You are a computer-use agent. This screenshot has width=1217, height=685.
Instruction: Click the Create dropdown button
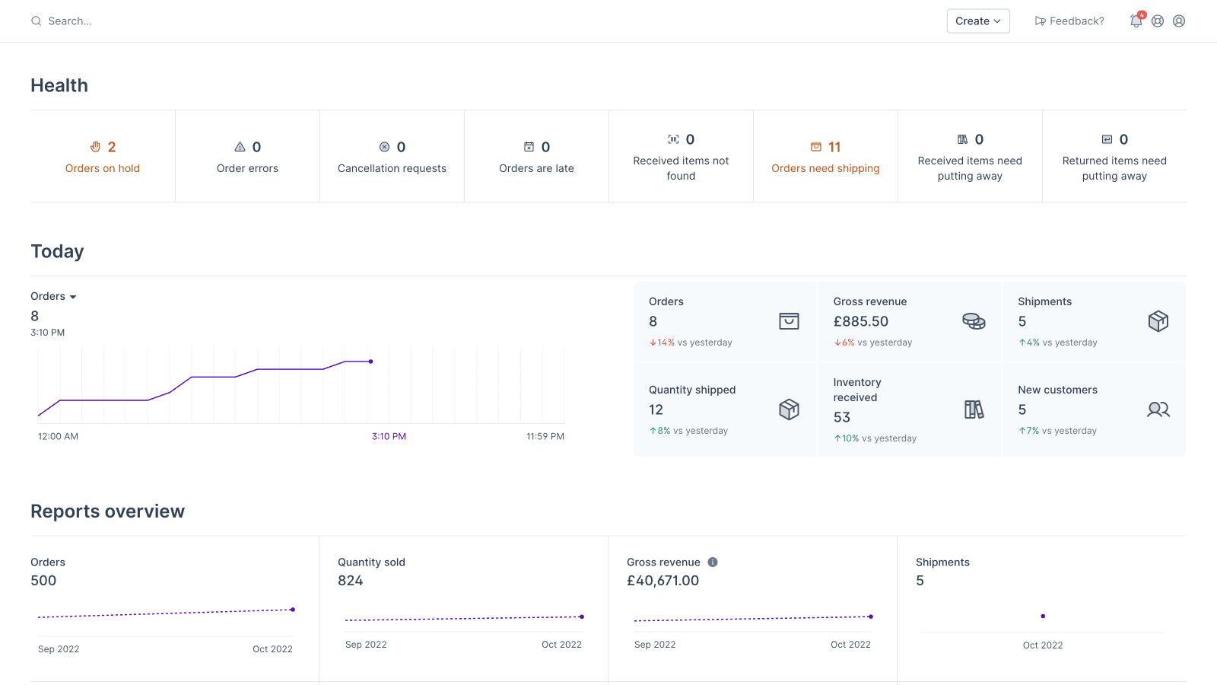coord(978,21)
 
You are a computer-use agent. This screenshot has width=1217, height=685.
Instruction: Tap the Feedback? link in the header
coord(1069,21)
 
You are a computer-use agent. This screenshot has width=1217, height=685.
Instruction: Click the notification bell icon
coord(1136,21)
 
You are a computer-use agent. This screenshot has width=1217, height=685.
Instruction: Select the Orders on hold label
coord(103,168)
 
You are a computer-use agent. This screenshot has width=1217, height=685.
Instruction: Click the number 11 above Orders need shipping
coord(834,147)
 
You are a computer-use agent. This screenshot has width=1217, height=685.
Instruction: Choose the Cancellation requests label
coord(392,168)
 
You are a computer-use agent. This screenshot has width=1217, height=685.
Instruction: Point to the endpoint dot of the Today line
coord(370,362)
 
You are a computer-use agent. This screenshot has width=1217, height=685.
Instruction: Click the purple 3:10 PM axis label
coord(389,436)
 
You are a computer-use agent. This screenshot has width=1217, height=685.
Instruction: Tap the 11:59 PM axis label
coord(545,436)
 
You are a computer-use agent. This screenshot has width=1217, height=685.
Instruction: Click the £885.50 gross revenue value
coord(860,321)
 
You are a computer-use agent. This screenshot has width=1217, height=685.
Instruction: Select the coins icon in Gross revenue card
coord(974,321)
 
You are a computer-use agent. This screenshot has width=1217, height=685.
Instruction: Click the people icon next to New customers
coord(1158,409)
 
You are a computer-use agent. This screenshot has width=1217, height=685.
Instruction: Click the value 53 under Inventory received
coord(841,417)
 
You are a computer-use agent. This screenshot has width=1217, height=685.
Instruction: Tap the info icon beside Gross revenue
coord(713,562)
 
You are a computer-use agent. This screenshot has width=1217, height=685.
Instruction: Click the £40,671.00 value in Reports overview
coord(663,581)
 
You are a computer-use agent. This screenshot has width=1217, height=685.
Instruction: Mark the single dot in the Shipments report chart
coord(1043,616)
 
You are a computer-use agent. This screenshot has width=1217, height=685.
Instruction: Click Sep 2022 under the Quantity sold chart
coord(366,645)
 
